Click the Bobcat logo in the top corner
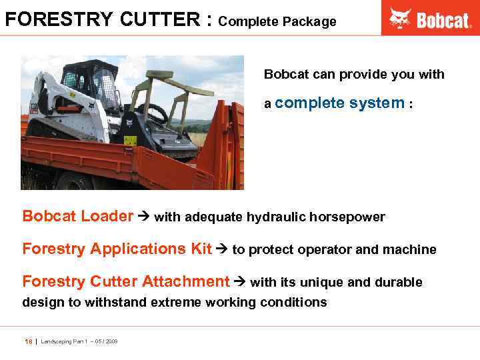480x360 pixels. (431, 19)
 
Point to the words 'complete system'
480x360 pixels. (339, 103)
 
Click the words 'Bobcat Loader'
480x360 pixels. (78, 216)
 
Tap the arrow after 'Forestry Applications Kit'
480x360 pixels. (221, 249)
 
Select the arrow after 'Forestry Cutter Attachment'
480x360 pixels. (239, 282)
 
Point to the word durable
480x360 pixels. (399, 283)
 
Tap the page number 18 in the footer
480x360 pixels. (28, 341)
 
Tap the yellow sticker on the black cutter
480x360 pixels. (129, 141)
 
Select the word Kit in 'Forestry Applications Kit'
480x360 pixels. (201, 249)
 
